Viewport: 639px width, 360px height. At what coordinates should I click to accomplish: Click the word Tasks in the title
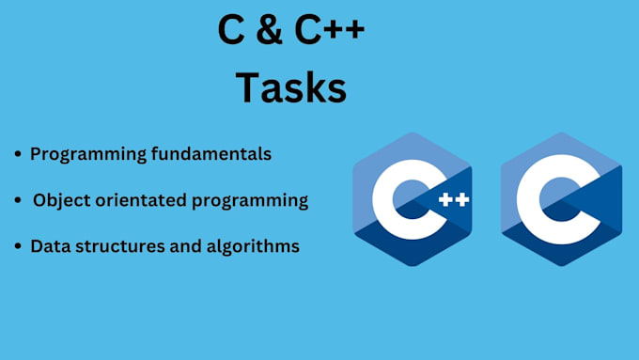point(290,88)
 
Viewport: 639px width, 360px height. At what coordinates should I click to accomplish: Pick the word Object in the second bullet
point(58,200)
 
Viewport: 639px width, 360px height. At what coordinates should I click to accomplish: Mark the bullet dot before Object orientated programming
point(18,201)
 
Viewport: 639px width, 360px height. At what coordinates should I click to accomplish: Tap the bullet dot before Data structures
point(18,247)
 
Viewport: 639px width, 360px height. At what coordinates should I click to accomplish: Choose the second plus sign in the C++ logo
point(462,199)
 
